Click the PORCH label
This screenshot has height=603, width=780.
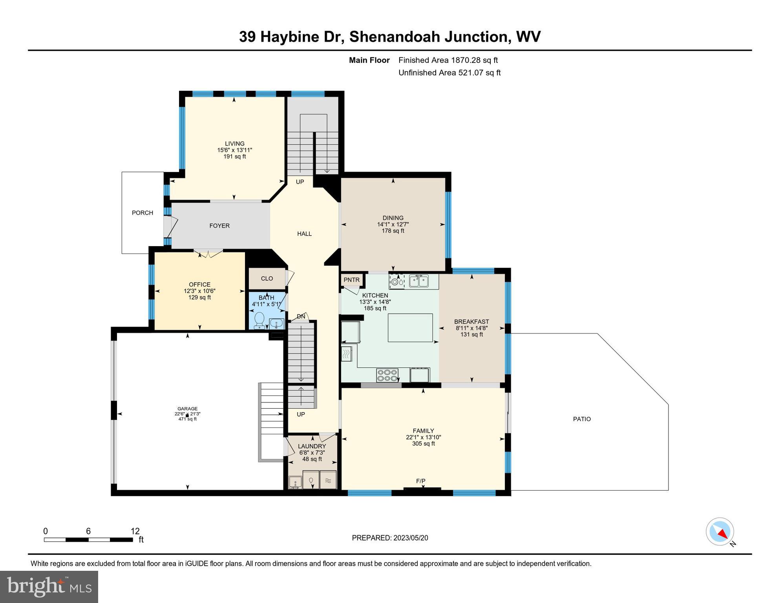(142, 213)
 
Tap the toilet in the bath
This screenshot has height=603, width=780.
(259, 320)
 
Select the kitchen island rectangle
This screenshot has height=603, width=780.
(410, 328)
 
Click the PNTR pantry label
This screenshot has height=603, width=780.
(351, 280)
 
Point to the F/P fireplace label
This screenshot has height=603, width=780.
(421, 481)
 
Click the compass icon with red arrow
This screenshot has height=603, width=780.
(720, 532)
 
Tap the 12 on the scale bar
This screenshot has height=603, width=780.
(135, 531)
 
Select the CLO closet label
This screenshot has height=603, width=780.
(267, 278)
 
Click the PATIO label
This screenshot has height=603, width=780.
(582, 419)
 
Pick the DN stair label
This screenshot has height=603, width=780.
(301, 316)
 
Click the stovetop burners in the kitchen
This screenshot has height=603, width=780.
(387, 375)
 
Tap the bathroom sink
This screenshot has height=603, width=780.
(276, 323)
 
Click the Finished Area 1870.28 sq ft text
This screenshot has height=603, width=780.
(448, 60)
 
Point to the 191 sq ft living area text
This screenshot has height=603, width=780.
(235, 156)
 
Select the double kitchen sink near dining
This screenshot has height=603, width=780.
(418, 281)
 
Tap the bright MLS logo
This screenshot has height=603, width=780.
(49, 587)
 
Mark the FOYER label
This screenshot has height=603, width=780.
(219, 226)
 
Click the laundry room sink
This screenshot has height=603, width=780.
(295, 482)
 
